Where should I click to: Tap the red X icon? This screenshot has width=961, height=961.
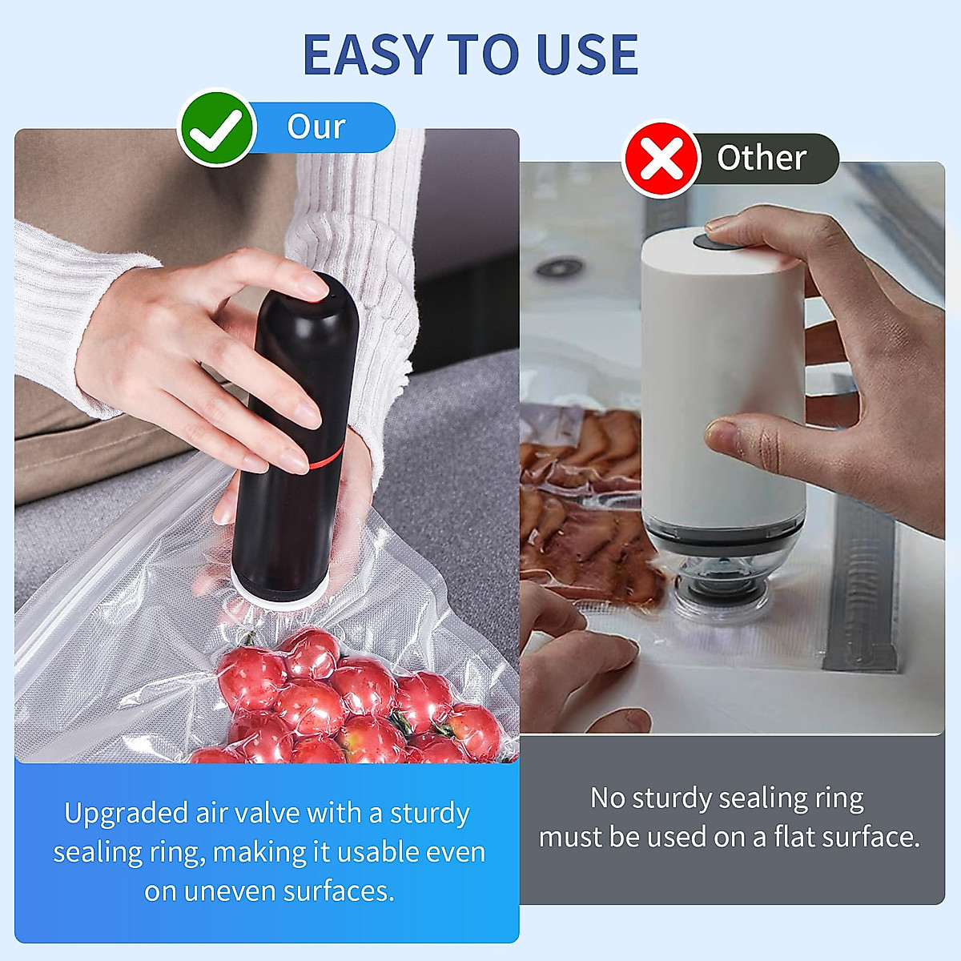click(661, 159)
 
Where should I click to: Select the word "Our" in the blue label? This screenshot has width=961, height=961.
click(316, 127)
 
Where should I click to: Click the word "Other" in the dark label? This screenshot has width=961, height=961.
click(761, 158)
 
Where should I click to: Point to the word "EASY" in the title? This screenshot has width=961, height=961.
click(368, 54)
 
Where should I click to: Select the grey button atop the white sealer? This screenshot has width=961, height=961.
click(708, 238)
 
